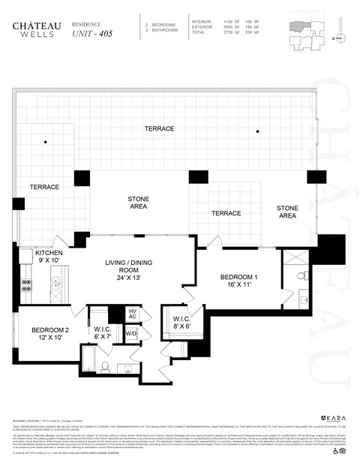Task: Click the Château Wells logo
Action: click(31, 29)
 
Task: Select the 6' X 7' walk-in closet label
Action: click(102, 332)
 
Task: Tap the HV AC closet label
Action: click(131, 315)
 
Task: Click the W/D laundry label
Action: click(130, 333)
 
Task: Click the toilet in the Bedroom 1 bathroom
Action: click(301, 277)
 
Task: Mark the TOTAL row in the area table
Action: click(225, 33)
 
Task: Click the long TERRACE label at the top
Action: click(160, 129)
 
